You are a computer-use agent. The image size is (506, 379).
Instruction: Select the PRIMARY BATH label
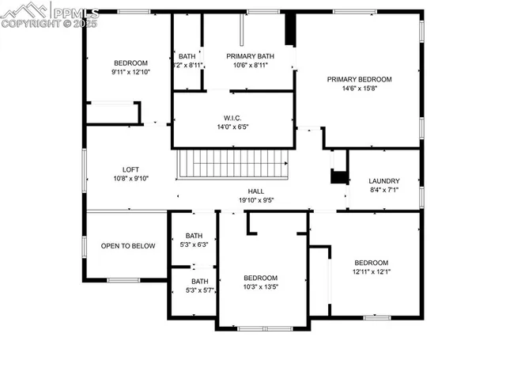(247, 56)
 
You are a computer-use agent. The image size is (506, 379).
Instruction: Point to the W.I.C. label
(232, 118)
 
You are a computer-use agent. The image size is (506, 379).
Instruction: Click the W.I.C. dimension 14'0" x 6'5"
(232, 127)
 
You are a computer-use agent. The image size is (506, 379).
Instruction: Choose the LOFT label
(130, 169)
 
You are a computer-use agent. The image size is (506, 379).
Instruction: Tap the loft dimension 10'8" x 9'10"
(130, 178)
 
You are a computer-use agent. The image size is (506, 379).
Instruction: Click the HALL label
(256, 191)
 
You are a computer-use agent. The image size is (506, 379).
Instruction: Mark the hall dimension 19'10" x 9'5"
(256, 200)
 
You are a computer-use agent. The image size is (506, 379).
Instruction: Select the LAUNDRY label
(384, 180)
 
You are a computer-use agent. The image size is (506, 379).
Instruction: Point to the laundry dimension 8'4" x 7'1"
(384, 190)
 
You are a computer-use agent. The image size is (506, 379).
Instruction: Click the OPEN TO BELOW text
(128, 246)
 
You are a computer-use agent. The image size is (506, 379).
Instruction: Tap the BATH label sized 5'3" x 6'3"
(194, 236)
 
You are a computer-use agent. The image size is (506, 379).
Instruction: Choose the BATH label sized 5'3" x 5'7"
(199, 281)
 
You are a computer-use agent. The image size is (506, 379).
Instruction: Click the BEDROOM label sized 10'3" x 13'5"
(260, 278)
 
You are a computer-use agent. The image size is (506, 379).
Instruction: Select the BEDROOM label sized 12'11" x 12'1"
(371, 263)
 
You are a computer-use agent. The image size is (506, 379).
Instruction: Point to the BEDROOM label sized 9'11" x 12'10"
(130, 63)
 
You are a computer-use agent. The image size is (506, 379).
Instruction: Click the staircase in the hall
(232, 165)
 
